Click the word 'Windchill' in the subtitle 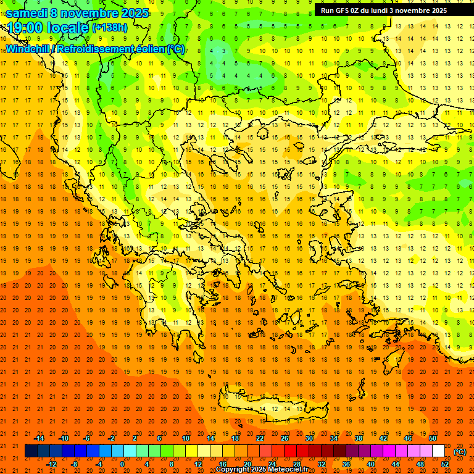click(x=28, y=49)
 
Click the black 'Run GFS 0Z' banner click(x=388, y=10)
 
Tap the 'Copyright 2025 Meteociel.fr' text click(x=262, y=470)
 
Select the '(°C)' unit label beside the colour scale click(x=460, y=452)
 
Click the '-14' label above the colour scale click(x=39, y=438)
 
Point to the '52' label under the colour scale click(x=444, y=464)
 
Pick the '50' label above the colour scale click(x=432, y=438)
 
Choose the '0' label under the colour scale click(x=122, y=464)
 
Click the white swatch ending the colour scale click(x=438, y=451)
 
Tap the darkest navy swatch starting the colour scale click(x=31, y=451)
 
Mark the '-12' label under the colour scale click(x=52, y=464)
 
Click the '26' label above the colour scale click(x=285, y=438)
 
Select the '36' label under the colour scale click(x=346, y=464)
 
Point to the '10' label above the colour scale click(x=185, y=438)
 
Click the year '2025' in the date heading click(x=134, y=13)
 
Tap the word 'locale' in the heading click(x=67, y=28)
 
